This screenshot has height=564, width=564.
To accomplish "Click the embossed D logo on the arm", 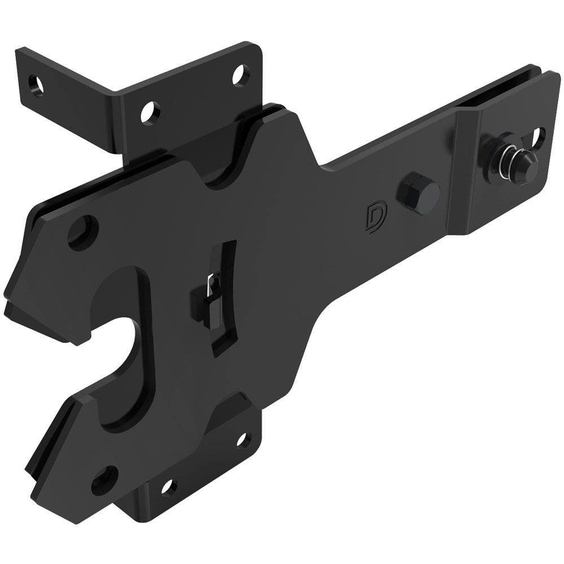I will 373,215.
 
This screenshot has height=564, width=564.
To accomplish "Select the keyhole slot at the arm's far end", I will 538,135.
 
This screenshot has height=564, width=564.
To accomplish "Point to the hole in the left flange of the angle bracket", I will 38,83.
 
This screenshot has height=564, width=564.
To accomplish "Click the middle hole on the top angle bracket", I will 149,109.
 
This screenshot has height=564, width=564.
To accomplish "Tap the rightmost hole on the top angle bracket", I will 239,73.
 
